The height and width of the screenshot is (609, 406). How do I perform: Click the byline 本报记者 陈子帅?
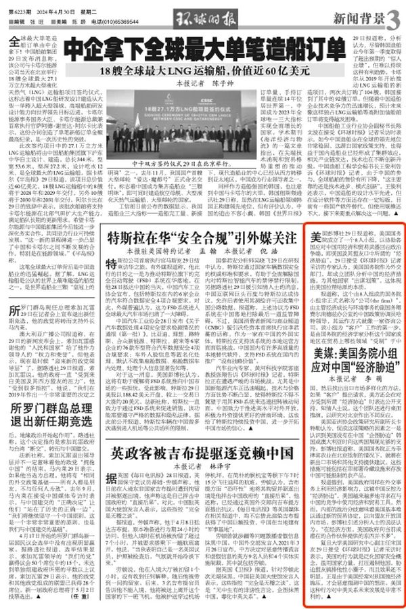pyautogui.click(x=202, y=85)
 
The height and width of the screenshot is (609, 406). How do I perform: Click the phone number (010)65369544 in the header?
pyautogui.click(x=122, y=22)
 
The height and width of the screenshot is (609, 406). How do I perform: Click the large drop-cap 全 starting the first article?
pyautogui.click(x=17, y=43)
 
